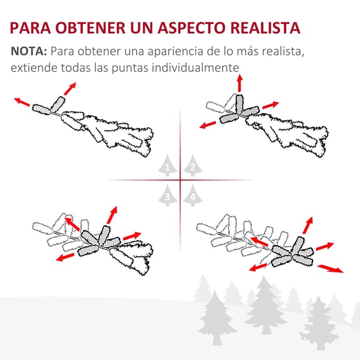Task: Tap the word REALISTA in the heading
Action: (265, 28)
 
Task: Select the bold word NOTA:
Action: (29, 51)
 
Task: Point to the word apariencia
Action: (175, 52)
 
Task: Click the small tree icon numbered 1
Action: (167, 166)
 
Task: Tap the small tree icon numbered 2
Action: (193, 166)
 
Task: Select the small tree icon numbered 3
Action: (167, 196)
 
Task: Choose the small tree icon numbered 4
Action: (193, 196)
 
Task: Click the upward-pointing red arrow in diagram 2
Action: (239, 83)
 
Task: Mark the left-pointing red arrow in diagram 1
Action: (22, 102)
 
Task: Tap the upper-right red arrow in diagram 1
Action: (70, 89)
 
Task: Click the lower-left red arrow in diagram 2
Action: (208, 125)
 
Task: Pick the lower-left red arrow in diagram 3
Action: (65, 257)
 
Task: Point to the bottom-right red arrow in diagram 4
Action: (331, 269)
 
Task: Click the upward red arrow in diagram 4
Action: (308, 225)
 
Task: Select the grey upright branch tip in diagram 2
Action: (239, 104)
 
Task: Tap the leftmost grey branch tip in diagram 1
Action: (41, 109)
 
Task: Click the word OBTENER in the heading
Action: (91, 28)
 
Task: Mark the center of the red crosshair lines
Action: (180, 180)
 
